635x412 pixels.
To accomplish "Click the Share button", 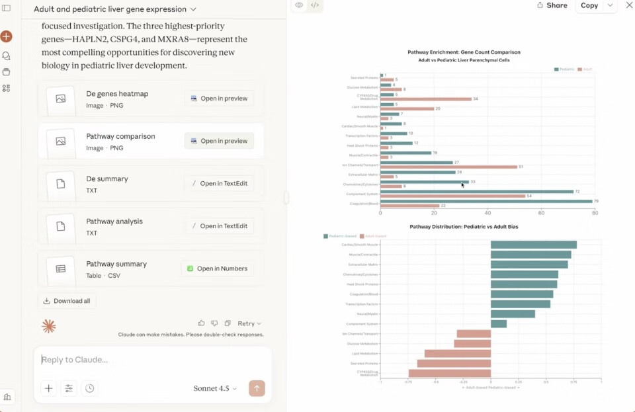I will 552,5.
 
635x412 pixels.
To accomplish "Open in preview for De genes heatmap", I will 219,99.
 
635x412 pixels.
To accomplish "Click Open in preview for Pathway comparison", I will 219,141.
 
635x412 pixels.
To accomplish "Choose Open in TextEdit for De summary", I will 219,183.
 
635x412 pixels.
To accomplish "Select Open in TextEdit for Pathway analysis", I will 219,226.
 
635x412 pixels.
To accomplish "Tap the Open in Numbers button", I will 217,268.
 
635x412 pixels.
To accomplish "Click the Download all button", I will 67,301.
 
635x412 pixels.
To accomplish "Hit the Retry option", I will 249,323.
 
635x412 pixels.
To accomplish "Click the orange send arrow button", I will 257,388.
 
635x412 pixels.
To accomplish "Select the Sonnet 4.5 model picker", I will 215,388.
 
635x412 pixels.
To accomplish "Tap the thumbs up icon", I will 201,323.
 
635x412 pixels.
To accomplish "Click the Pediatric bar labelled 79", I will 486,201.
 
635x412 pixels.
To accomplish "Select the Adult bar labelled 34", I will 426,99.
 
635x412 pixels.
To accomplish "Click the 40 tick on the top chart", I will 487,213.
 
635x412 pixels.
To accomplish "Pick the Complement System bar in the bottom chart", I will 499,324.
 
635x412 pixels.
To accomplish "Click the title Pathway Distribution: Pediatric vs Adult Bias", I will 461,226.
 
